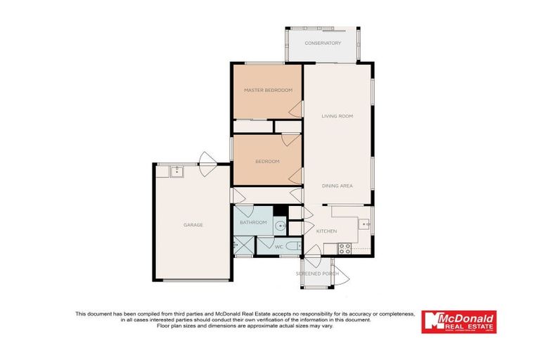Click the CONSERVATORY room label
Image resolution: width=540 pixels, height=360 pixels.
click(x=323, y=43)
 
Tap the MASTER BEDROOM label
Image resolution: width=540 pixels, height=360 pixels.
click(x=268, y=90)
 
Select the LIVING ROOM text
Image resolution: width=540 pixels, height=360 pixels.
click(x=337, y=116)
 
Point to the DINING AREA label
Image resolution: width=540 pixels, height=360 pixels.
click(x=337, y=186)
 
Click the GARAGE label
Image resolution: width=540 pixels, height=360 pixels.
click(x=193, y=225)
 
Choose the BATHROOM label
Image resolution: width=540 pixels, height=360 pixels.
click(x=253, y=223)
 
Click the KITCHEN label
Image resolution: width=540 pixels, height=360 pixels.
click(x=326, y=231)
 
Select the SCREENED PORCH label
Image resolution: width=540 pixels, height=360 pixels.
click(x=317, y=273)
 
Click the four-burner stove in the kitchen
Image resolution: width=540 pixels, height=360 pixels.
click(x=345, y=248)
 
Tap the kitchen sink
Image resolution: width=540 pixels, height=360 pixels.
click(x=364, y=224)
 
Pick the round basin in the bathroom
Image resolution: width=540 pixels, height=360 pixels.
click(x=280, y=226)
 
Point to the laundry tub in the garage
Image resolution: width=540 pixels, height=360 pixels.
click(x=176, y=171)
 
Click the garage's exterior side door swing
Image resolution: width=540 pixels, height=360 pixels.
click(x=206, y=160)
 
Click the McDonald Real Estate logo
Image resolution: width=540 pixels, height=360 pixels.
click(x=458, y=321)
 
